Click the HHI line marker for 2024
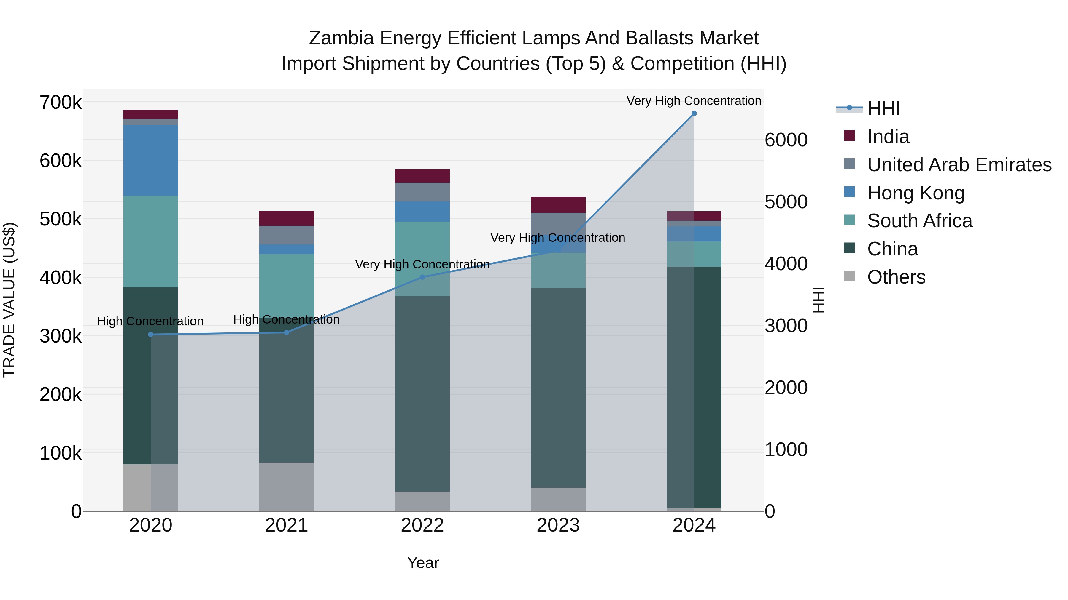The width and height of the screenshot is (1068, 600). pyautogui.click(x=694, y=113)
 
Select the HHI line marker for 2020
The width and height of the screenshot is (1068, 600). pyautogui.click(x=150, y=335)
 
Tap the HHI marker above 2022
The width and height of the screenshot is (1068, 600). pyautogui.click(x=422, y=277)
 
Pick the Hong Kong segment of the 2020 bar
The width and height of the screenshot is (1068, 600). pyautogui.click(x=150, y=160)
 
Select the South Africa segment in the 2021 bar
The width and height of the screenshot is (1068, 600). pyautogui.click(x=287, y=286)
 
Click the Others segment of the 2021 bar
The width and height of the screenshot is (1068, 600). pyautogui.click(x=287, y=487)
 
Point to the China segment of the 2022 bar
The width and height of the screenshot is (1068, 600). pyautogui.click(x=422, y=393)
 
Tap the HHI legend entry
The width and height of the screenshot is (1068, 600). pyautogui.click(x=883, y=108)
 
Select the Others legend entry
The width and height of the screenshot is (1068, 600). pyautogui.click(x=896, y=277)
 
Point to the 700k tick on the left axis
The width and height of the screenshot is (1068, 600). pyautogui.click(x=61, y=102)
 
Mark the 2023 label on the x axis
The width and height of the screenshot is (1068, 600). pyautogui.click(x=558, y=525)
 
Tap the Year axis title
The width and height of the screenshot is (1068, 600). pyautogui.click(x=423, y=563)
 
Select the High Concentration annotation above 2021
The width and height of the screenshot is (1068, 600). pyautogui.click(x=287, y=320)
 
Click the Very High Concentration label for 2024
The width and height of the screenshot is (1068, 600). pyautogui.click(x=694, y=101)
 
